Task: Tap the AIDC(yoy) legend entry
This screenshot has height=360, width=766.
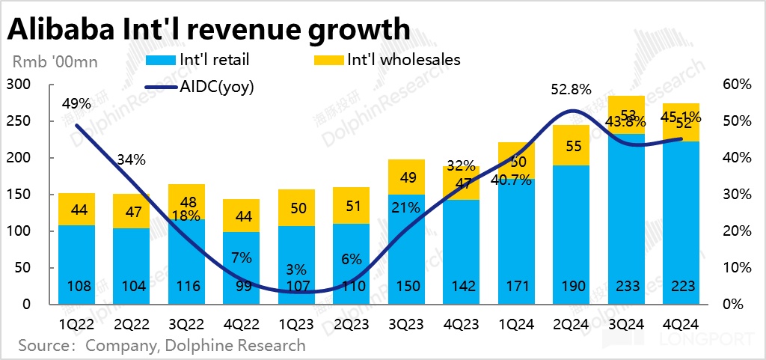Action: pyautogui.click(x=217, y=86)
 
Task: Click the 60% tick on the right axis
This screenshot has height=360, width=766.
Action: pyautogui.click(x=736, y=85)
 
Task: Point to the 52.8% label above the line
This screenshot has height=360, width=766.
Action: pyautogui.click(x=572, y=89)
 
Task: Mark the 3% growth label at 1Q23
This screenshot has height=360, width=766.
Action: pyautogui.click(x=298, y=269)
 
